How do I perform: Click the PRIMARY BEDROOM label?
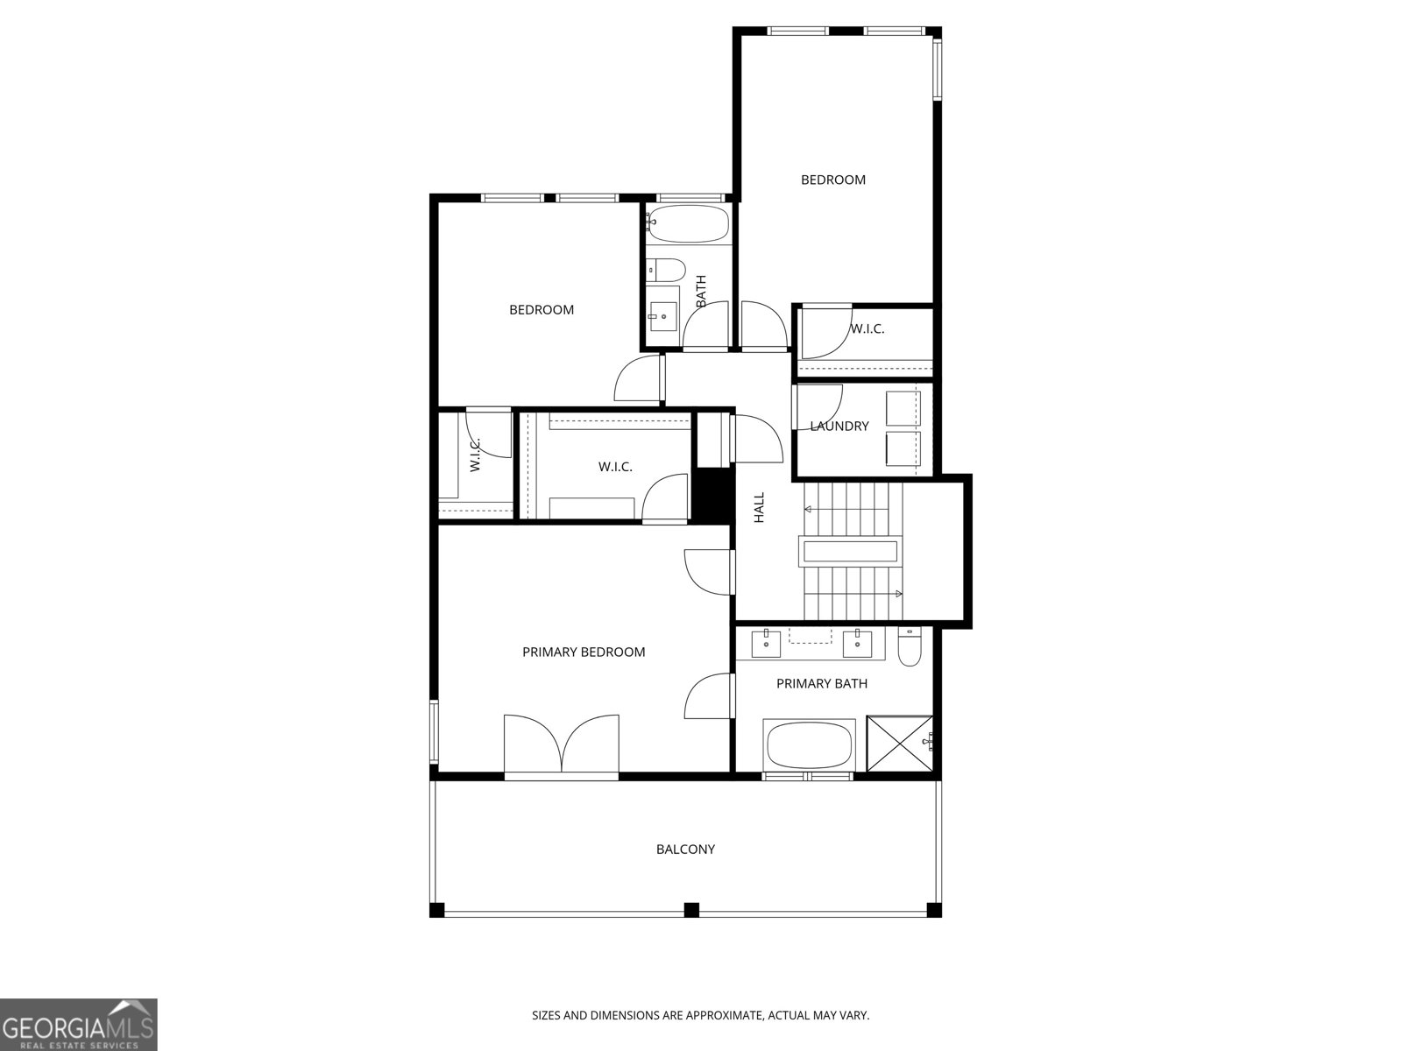coord(584,652)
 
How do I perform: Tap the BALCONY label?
coord(685,849)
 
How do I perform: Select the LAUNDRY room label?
coord(839,426)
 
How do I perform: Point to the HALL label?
coord(760,507)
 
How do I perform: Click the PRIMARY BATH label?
coord(821,683)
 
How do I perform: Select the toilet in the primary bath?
coord(909,648)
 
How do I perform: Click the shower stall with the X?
coord(899,744)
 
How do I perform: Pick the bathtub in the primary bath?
coord(809,745)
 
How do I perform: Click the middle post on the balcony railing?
coord(691,909)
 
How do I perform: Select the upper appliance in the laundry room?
coord(903,408)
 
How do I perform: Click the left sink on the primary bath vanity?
coord(767,644)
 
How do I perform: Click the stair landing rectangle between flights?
coord(849,552)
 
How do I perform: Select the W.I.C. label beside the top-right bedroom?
coord(867,329)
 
